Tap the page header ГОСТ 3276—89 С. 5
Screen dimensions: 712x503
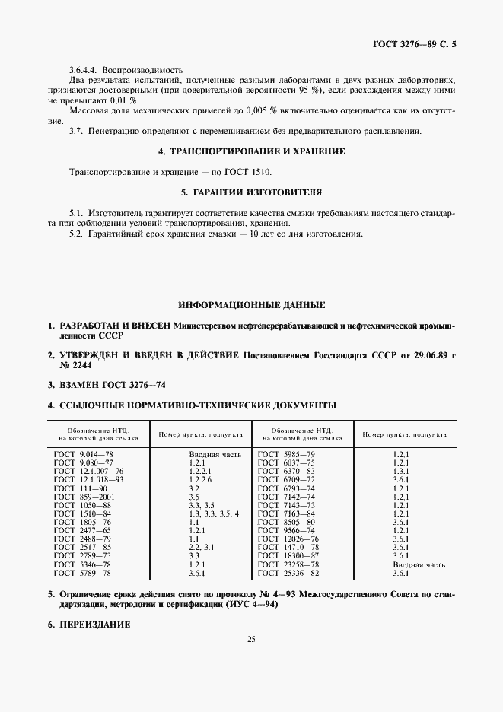point(414,45)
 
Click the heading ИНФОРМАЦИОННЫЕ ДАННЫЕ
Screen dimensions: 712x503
point(251,304)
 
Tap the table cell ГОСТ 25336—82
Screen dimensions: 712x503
point(288,573)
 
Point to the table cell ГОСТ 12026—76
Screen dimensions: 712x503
point(288,539)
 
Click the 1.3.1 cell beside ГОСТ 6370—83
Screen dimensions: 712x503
point(401,471)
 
